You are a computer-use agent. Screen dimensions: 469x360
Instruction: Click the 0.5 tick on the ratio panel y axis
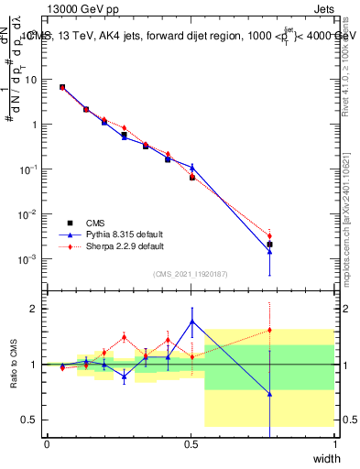point(27,420)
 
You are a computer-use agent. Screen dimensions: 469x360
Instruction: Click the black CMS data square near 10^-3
point(269,245)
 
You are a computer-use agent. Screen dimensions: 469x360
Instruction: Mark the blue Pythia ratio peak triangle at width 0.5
point(191,322)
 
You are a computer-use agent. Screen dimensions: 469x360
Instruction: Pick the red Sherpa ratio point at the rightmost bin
point(269,330)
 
